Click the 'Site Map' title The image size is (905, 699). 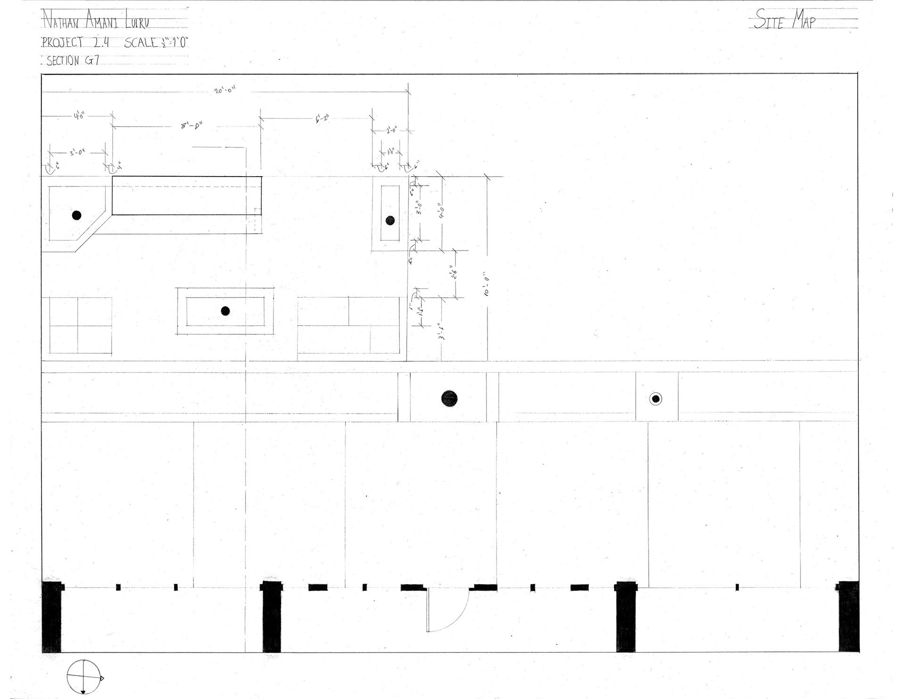[784, 20]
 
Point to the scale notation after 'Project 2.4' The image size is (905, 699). [157, 43]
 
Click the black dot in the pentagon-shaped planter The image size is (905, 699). [76, 215]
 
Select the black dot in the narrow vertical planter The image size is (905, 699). [390, 219]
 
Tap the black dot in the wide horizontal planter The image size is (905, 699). [225, 310]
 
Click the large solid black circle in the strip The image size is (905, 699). [449, 398]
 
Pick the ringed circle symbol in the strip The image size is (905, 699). [655, 398]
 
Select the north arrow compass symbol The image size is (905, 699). [84, 676]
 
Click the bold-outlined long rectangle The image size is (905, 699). [187, 195]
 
